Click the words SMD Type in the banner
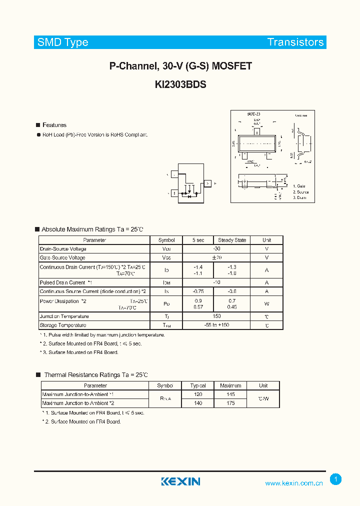(x=62, y=42)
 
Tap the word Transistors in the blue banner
(x=295, y=42)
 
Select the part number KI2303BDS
(x=180, y=84)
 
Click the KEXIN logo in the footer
(x=180, y=481)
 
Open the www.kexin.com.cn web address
(x=294, y=483)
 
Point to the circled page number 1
(x=336, y=479)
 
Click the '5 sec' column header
(x=198, y=240)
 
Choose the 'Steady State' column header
(x=232, y=240)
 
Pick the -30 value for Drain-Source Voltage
(x=216, y=248)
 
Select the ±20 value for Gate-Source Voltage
(x=216, y=257)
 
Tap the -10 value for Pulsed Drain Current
(x=216, y=282)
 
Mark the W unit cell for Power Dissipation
(x=266, y=303)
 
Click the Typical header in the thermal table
(x=198, y=385)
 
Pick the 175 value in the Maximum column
(x=230, y=403)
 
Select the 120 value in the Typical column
(x=198, y=394)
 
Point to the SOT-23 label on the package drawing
(x=254, y=114)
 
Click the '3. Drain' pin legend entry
(x=299, y=198)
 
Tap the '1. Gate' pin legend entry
(x=299, y=186)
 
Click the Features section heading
(x=54, y=125)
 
